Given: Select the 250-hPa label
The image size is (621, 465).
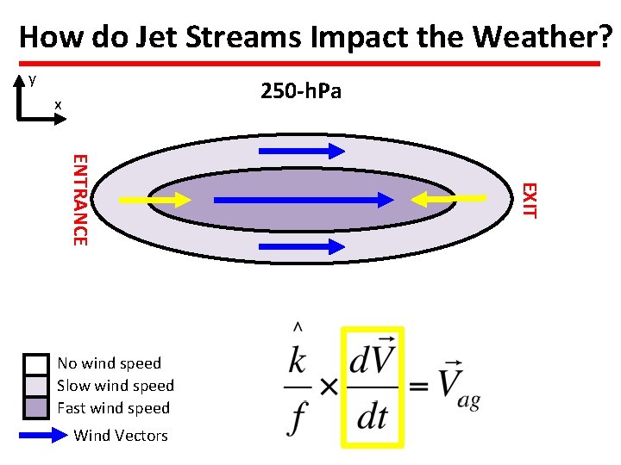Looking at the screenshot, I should [x=301, y=90].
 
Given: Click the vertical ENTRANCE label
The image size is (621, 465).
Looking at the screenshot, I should [x=78, y=199].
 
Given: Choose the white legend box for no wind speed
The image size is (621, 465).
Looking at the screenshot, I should [x=35, y=363].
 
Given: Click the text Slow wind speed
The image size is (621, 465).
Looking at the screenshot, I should [x=116, y=386].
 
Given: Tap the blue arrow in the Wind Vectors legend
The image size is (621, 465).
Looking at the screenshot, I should [x=43, y=435].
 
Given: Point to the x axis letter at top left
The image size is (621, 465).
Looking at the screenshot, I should [x=58, y=104].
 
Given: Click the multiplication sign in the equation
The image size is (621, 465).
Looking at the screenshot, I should [x=329, y=387].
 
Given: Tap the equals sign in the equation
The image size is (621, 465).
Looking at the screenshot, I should [x=418, y=387].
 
